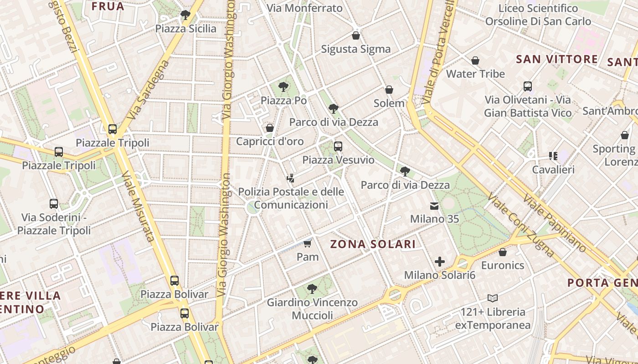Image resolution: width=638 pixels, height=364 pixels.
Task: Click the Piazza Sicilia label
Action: click(186, 29)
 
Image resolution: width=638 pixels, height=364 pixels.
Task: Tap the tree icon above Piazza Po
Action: click(283, 86)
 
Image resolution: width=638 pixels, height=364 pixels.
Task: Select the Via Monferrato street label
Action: click(304, 8)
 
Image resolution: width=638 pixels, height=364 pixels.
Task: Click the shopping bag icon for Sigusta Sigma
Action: click(356, 35)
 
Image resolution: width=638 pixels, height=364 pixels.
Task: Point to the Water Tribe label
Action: click(475, 74)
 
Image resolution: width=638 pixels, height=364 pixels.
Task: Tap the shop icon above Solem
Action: click(389, 90)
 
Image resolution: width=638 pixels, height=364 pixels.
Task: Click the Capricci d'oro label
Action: click(270, 142)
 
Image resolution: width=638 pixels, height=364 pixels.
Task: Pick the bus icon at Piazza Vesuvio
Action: click(338, 147)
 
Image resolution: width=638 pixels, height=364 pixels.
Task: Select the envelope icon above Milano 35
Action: click(434, 206)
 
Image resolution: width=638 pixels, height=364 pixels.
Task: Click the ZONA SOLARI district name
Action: click(373, 244)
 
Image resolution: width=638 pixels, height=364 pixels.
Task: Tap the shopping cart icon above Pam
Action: click(308, 244)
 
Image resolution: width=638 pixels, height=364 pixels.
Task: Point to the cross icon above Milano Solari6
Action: click(440, 262)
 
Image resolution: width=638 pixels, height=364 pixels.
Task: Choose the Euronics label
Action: click(503, 265)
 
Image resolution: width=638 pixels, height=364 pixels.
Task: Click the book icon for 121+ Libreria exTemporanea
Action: click(493, 298)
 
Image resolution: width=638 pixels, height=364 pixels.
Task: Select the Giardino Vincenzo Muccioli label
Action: click(312, 308)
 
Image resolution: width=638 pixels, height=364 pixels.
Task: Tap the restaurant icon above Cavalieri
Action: click(553, 157)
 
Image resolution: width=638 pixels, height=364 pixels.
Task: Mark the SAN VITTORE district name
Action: click(557, 59)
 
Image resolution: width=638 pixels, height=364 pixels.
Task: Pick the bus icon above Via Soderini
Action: click(54, 204)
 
